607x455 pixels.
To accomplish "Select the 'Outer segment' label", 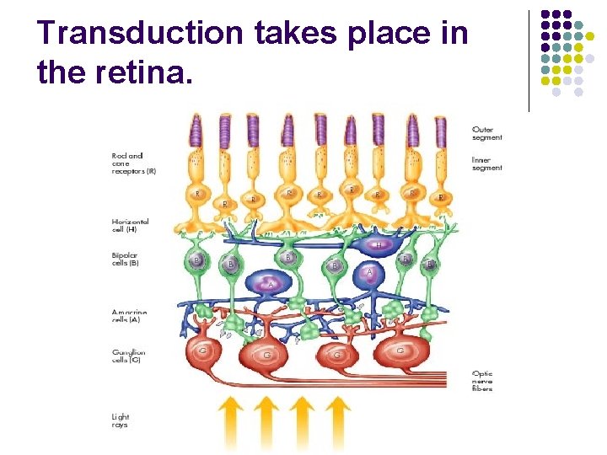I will (487, 133).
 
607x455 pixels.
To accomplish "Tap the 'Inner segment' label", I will (487, 163).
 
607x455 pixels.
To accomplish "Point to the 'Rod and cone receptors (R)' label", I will (133, 163).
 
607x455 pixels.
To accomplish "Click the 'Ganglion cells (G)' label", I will (131, 356).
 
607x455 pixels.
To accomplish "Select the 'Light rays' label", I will (121, 420).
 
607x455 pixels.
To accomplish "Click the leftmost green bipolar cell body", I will (197, 261).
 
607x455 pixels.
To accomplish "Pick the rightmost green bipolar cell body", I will (429, 264).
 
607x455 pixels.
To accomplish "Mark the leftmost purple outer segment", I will (196, 132).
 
